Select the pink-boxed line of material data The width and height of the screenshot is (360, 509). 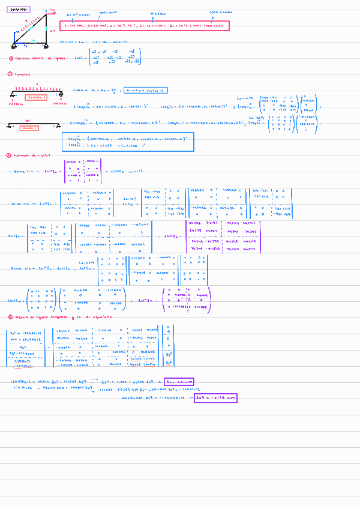pyautogui.click(x=144, y=26)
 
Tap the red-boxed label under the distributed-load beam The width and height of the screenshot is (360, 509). pyautogui.click(x=35, y=97)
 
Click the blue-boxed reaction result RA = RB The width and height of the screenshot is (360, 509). pyautogui.click(x=146, y=90)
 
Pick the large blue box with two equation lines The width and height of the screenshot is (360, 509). pyautogui.click(x=127, y=142)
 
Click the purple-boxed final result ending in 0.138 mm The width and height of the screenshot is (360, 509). pyautogui.click(x=215, y=397)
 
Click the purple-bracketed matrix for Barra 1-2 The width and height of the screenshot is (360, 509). pyautogui.click(x=83, y=171)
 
